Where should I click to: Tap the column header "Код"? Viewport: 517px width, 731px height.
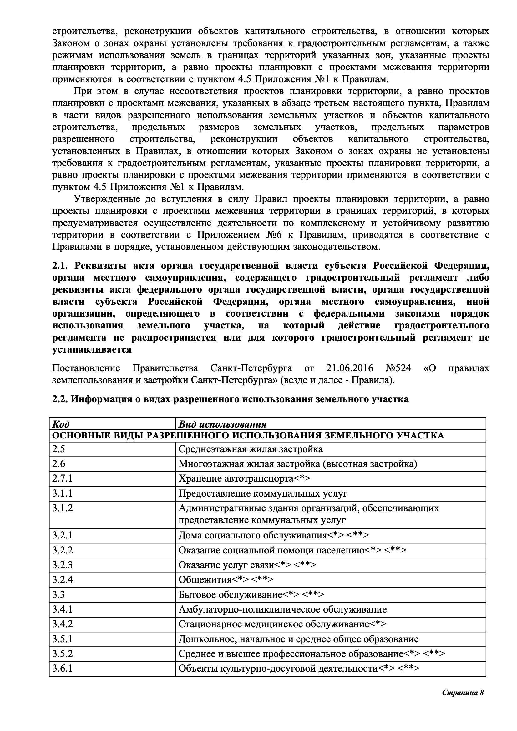(61, 424)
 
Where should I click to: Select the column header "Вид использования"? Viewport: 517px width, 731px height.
(222, 424)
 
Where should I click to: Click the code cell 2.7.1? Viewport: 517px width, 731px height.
(63, 478)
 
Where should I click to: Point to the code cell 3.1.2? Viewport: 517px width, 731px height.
(63, 508)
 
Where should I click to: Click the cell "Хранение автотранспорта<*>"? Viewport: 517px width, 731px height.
(244, 478)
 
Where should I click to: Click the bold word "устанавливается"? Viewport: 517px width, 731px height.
(92, 350)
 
